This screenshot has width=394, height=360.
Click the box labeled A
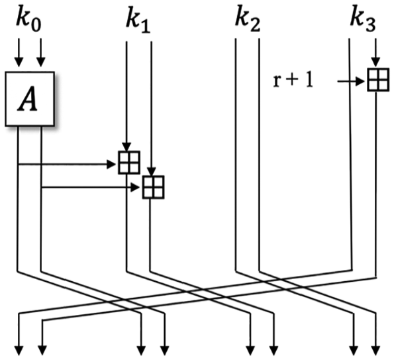(x=30, y=99)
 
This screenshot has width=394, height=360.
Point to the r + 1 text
(x=293, y=81)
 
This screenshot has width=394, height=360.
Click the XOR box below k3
(x=378, y=80)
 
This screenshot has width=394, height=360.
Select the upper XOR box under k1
(x=129, y=162)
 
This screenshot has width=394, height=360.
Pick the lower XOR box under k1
(x=154, y=187)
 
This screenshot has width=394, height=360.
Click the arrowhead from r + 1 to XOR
(x=361, y=82)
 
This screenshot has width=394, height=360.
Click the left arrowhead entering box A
(x=19, y=62)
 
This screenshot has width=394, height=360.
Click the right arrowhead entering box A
(x=41, y=62)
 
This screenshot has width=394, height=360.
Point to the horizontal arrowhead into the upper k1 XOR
(x=111, y=164)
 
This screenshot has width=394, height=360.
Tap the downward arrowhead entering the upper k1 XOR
(x=126, y=147)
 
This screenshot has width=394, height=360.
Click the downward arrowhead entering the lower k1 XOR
(x=151, y=172)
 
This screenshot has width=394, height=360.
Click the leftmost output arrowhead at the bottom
(x=19, y=351)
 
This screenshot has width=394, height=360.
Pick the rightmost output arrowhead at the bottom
(x=375, y=351)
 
